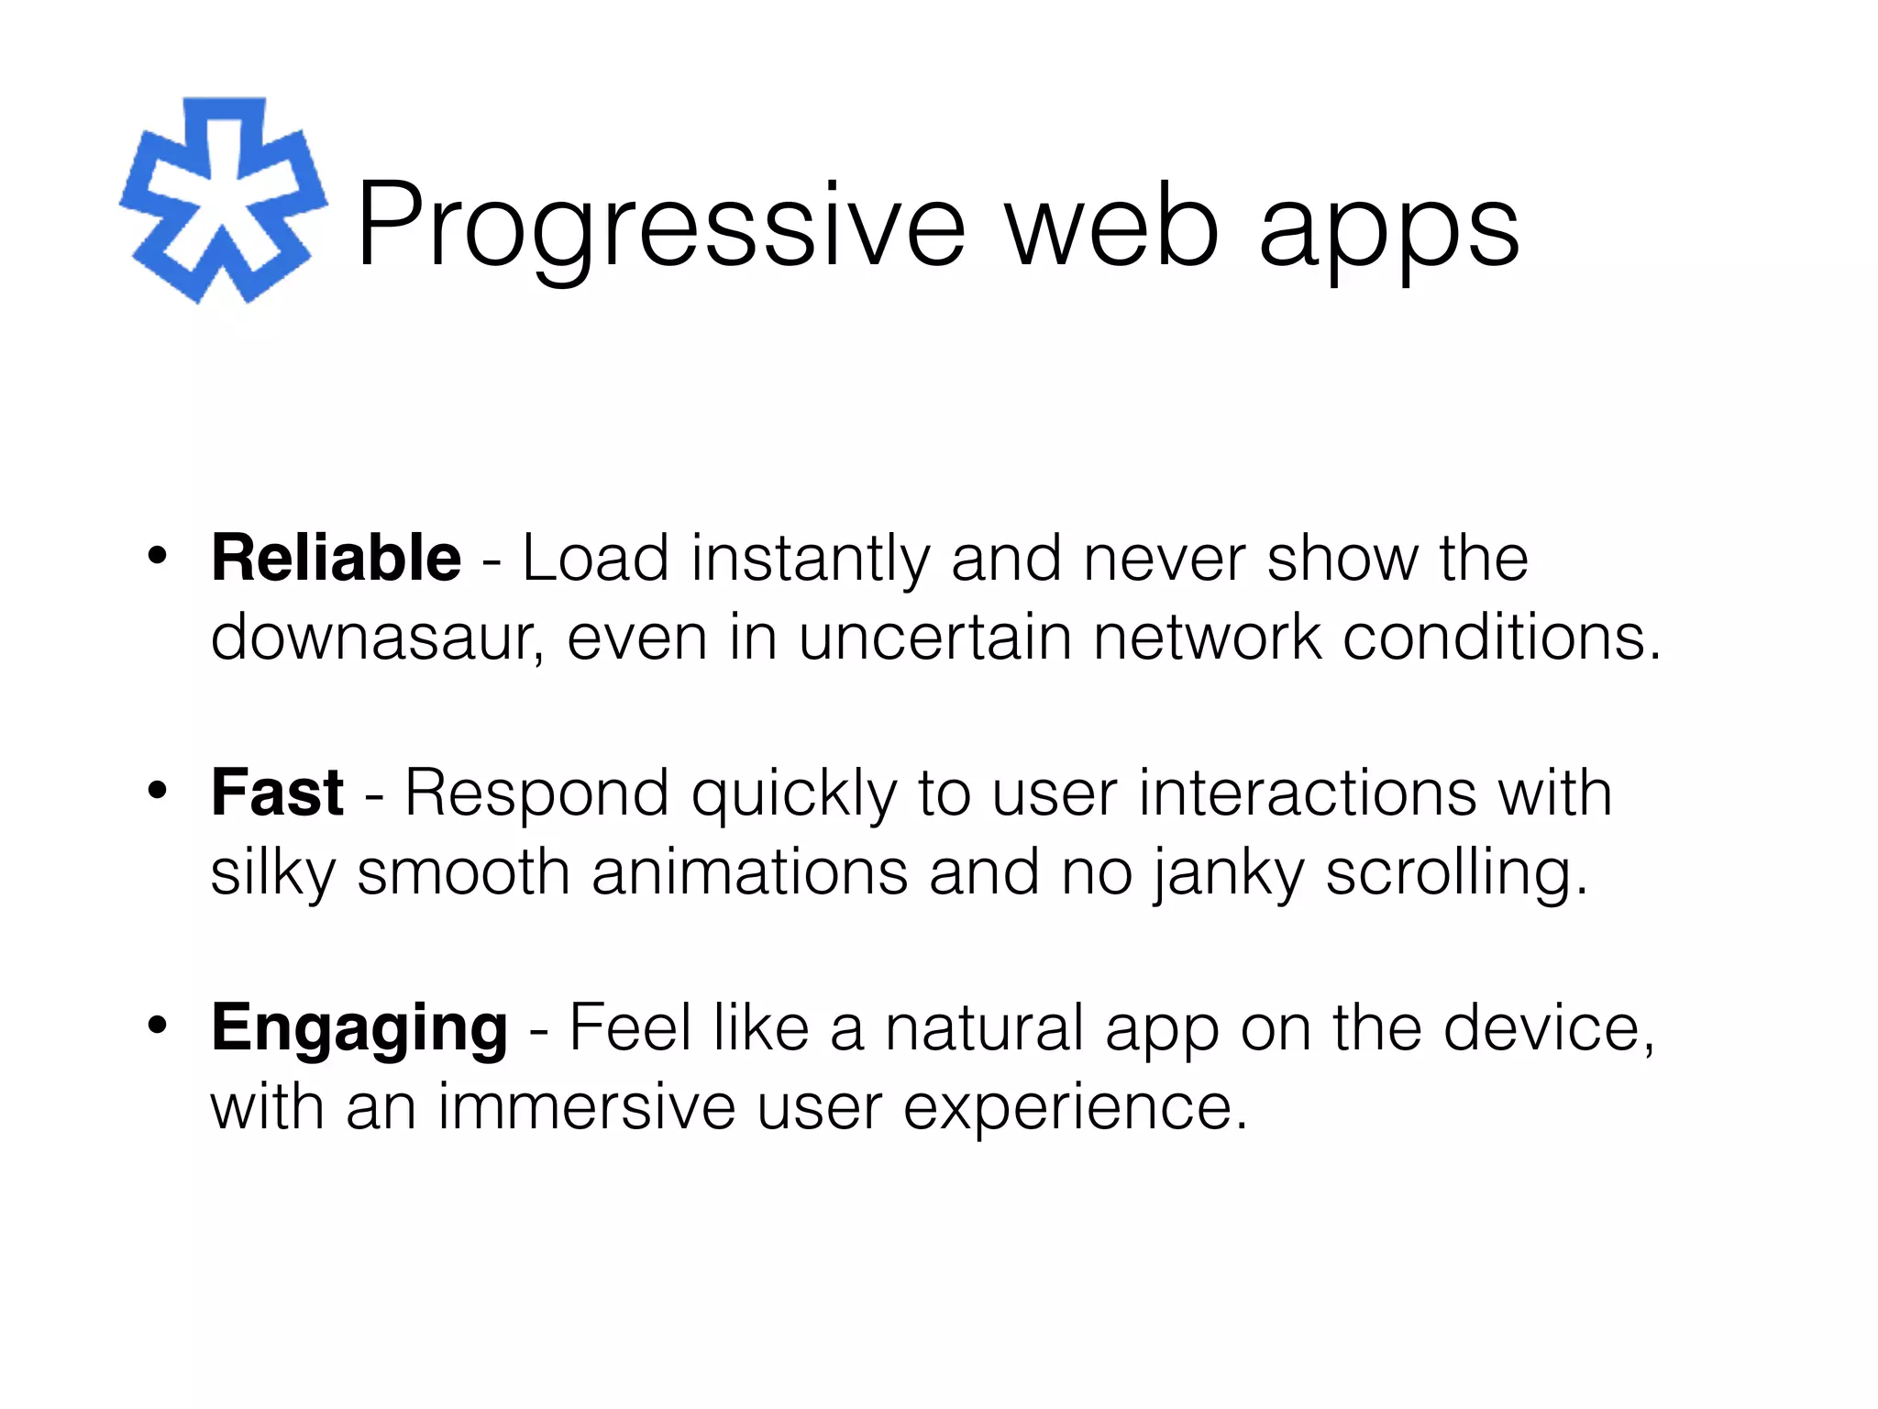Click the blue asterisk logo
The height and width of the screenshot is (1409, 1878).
223,201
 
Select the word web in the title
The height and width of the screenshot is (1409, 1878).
1112,226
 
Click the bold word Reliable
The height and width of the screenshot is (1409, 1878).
336,558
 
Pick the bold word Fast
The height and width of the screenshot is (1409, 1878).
277,793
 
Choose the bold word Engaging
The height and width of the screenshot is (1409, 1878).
359,1028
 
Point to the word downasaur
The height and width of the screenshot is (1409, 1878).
370,638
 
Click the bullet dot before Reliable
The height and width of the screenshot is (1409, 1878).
158,556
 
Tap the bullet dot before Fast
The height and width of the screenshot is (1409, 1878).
158,791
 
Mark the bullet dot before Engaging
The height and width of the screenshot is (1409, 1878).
158,1026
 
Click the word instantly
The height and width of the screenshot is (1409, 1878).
810,560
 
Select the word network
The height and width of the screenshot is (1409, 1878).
1207,638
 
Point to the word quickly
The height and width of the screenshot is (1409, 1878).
793,794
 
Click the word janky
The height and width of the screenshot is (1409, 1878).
1227,873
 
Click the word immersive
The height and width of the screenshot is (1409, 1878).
586,1107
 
